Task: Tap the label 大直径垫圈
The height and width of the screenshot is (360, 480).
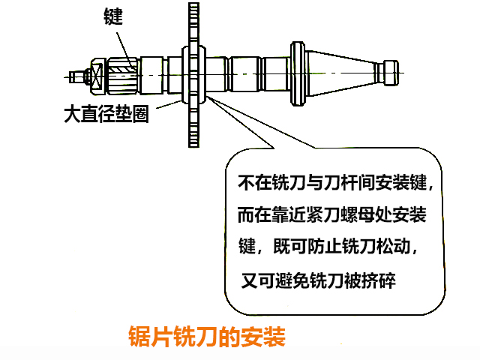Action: pyautogui.click(x=105, y=115)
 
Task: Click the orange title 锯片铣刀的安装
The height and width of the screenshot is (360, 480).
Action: pyautogui.click(x=207, y=336)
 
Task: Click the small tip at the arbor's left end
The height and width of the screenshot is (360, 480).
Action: pyautogui.click(x=74, y=75)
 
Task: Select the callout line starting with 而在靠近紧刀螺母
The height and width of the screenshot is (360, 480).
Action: pyautogui.click(x=331, y=215)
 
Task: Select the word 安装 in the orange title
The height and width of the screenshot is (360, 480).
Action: pyautogui.click(x=262, y=336)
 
